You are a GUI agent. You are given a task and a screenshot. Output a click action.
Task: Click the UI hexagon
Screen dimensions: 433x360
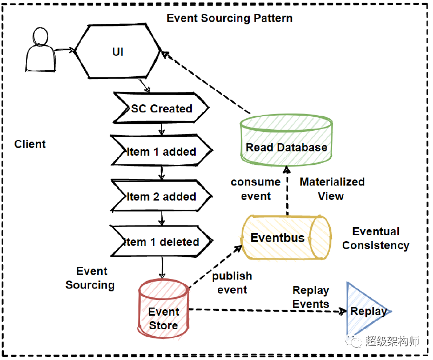coord(118,51)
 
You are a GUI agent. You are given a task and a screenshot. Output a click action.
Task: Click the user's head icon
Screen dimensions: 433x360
coord(41,36)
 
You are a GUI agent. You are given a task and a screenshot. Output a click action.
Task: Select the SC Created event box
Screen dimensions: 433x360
coord(161,108)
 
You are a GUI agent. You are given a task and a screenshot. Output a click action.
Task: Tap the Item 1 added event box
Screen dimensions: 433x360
coord(162,151)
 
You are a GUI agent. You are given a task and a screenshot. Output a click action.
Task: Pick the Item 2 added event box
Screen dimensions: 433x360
coord(162,196)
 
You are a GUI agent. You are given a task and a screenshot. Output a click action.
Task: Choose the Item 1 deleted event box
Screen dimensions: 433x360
coord(162,242)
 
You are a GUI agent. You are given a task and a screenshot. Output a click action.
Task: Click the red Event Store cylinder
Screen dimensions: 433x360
coord(163,309)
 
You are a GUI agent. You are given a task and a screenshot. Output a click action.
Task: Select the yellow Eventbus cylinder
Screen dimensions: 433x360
coord(287,238)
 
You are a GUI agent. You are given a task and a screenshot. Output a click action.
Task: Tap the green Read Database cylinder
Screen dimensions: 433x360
coord(287,140)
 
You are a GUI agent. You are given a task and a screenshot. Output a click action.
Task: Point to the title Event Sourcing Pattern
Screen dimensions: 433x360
coord(230,18)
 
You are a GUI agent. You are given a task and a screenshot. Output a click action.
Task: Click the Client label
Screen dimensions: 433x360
coord(30,144)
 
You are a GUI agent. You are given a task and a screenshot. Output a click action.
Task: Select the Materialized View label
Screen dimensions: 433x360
coord(332,189)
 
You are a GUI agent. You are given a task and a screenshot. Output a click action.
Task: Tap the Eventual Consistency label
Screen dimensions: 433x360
coord(376,238)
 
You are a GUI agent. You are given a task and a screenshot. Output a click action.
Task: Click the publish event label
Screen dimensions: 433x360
coord(232,283)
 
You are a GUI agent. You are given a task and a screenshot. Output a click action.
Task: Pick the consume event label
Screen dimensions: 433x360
coord(256,189)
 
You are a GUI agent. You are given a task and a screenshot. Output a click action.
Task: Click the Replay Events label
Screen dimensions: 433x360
coord(311,297)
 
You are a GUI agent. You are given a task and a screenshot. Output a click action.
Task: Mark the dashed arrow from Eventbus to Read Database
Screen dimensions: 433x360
coord(287,190)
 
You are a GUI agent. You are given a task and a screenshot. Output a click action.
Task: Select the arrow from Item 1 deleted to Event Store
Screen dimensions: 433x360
coord(162,268)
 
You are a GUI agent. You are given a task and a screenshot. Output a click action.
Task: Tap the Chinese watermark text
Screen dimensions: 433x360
coord(392,341)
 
